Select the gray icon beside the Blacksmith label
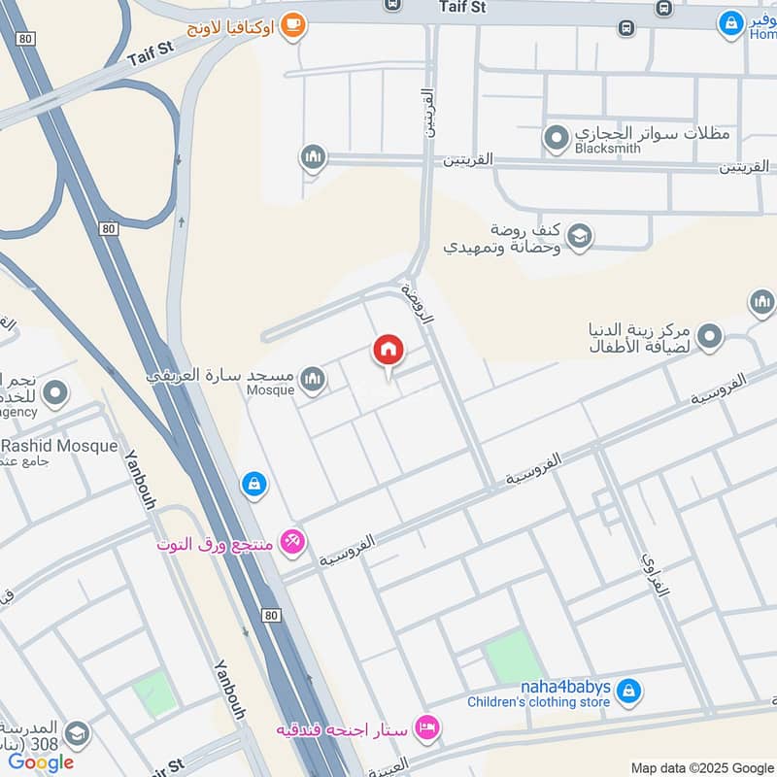(556, 141)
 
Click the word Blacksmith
(609, 151)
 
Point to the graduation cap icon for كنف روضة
(580, 236)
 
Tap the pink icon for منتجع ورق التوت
(291, 542)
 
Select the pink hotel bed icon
(426, 726)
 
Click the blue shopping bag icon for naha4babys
(628, 691)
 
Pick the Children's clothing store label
(538, 702)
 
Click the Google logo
(41, 762)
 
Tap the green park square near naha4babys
(513, 658)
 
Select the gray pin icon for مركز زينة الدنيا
(710, 337)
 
